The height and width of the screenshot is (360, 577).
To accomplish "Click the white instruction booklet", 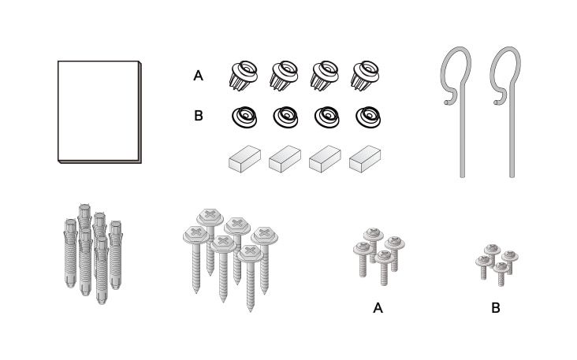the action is (99, 112).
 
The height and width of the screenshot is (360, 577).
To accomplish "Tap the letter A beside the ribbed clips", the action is (198, 76).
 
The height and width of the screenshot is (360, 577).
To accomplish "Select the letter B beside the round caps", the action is (199, 116).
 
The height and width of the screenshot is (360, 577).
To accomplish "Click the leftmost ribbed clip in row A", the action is (244, 76).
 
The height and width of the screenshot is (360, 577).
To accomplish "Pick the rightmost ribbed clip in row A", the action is (365, 76).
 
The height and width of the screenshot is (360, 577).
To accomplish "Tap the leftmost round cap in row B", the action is (244, 117).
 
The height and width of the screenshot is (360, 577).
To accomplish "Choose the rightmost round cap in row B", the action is (368, 117).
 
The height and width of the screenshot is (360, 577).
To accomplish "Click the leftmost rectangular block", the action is (244, 159).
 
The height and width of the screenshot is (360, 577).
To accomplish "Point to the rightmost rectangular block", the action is (365, 159).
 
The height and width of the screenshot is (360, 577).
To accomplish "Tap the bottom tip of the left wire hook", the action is (463, 176).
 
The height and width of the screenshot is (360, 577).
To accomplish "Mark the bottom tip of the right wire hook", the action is (512, 176).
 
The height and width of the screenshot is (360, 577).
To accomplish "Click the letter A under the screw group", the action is (378, 308).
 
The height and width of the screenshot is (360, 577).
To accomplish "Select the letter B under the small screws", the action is (496, 308).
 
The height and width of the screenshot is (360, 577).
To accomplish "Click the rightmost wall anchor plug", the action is (116, 254).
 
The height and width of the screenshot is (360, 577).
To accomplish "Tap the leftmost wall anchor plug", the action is (70, 253).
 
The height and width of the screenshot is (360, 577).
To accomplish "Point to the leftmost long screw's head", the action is (196, 234).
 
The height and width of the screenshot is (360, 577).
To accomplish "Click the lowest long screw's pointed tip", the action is (251, 310).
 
